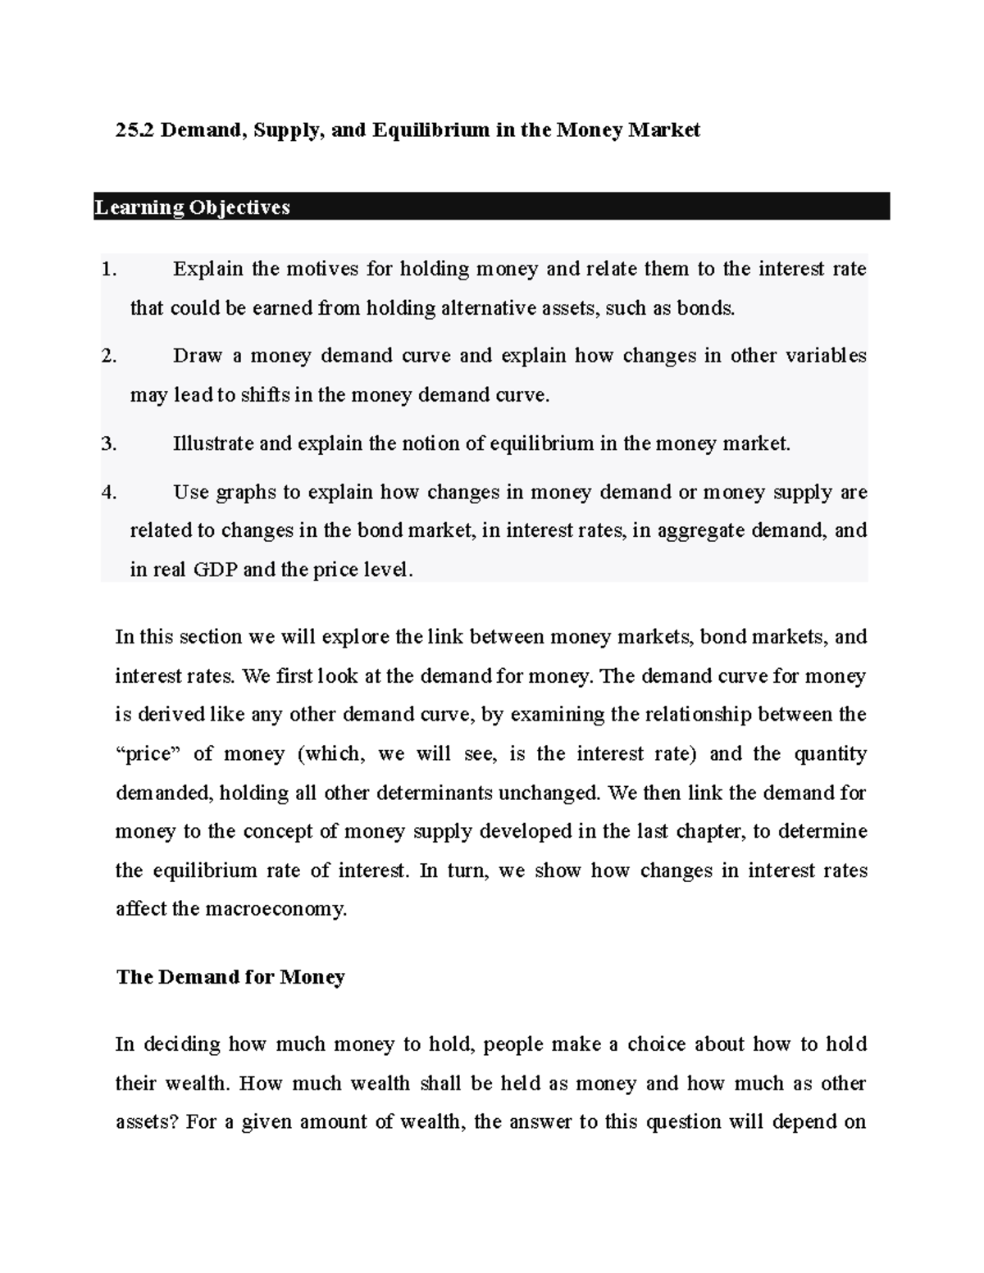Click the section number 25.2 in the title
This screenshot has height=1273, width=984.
click(x=134, y=130)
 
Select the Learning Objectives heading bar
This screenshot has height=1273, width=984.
click(x=492, y=207)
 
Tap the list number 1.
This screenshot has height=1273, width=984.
click(x=108, y=270)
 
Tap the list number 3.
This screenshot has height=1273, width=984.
click(x=108, y=444)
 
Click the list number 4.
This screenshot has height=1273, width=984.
click(x=108, y=493)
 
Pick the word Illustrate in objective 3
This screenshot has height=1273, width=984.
click(x=213, y=444)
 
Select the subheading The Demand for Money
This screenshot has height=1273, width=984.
click(x=230, y=977)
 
